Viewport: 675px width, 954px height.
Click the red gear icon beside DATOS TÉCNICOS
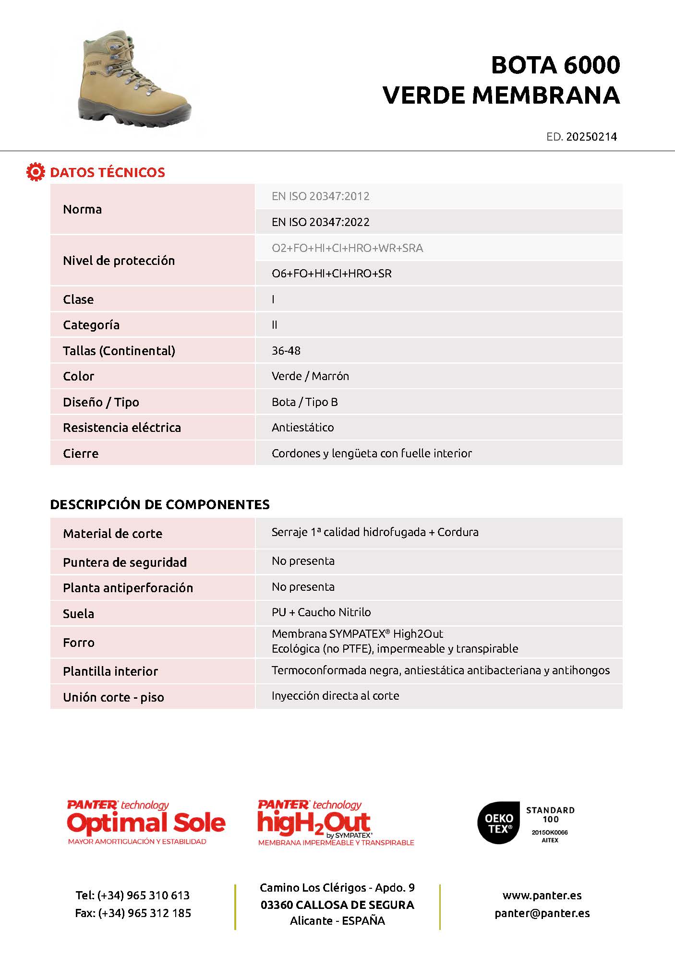click(35, 172)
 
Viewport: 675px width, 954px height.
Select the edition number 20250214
click(591, 137)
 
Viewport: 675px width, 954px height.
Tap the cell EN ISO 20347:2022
click(321, 222)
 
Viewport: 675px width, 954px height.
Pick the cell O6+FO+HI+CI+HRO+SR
click(331, 274)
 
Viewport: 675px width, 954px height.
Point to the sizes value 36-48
click(286, 351)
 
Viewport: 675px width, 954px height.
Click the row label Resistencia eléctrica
click(122, 428)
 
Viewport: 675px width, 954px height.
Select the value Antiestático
click(302, 428)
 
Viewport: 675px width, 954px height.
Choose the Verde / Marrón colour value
click(310, 376)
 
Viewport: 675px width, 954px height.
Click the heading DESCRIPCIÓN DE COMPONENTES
click(160, 504)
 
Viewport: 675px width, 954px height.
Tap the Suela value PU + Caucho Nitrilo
click(321, 612)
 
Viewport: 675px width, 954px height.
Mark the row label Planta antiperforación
click(128, 588)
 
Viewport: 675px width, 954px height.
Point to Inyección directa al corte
click(335, 696)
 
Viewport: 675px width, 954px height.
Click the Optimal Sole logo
click(146, 823)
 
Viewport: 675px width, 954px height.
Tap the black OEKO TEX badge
click(498, 823)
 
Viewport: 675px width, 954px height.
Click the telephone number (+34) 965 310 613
click(143, 895)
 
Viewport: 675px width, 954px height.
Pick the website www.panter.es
click(542, 895)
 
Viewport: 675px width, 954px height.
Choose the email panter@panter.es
click(542, 913)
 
